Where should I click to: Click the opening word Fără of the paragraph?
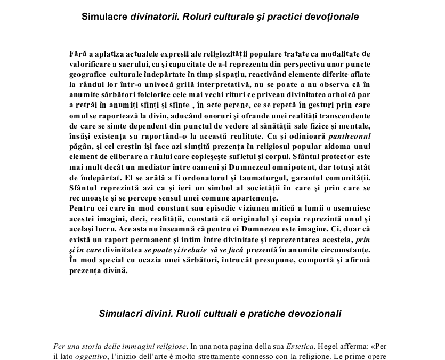click(78, 54)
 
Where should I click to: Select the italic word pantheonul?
click(350, 137)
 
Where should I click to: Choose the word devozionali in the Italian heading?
click(314, 313)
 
